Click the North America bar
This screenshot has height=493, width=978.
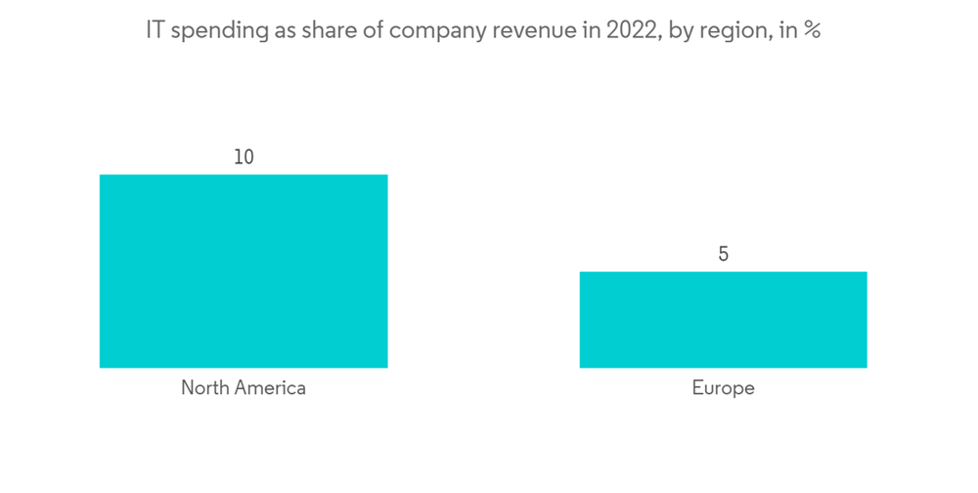[x=244, y=271]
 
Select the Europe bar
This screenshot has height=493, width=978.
[x=723, y=320]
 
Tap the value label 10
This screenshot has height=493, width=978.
[x=244, y=157]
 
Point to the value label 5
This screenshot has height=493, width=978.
[x=723, y=254]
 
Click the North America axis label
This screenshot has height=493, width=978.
[x=244, y=387]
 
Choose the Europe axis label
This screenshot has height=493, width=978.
[x=723, y=387]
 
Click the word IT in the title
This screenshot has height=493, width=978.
[x=156, y=30]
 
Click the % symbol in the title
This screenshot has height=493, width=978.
[x=813, y=30]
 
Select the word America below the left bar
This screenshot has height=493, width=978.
[x=271, y=387]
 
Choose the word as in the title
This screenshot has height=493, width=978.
[x=272, y=30]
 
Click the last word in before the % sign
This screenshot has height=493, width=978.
[x=787, y=30]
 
